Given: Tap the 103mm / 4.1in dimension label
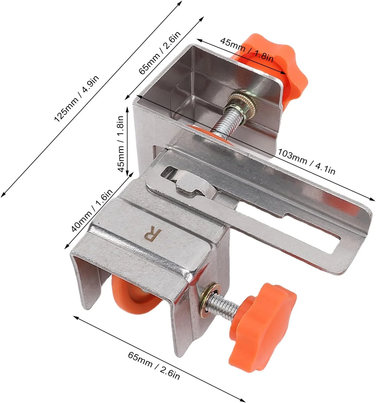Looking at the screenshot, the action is click(x=306, y=162).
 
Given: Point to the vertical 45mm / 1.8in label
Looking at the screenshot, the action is click(x=121, y=144).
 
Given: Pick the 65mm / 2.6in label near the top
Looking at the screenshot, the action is click(x=159, y=53).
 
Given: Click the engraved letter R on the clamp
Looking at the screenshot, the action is click(x=153, y=235).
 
